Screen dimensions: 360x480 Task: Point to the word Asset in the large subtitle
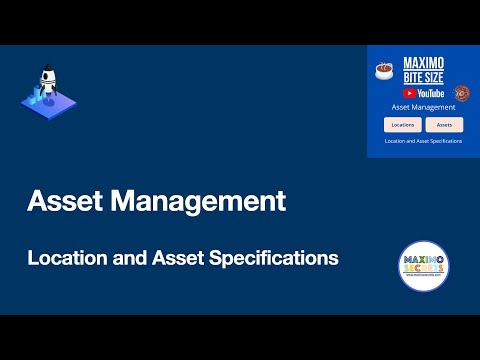point(176,258)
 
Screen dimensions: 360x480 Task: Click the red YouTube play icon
point(408,92)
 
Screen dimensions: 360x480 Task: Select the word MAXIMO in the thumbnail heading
point(423,62)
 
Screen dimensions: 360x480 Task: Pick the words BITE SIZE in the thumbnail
point(423,77)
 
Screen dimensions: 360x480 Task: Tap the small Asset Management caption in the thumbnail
point(423,107)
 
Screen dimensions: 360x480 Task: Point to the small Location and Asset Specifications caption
point(423,141)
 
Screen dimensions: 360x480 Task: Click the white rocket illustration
point(44,84)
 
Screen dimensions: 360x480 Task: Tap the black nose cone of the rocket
point(45,72)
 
